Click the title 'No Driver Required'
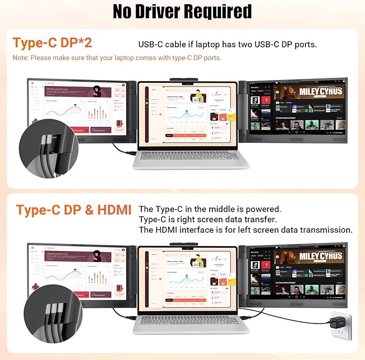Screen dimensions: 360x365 coord(182,11)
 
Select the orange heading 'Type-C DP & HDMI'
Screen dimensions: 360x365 coord(74,210)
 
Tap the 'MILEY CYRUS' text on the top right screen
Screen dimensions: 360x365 coord(320,92)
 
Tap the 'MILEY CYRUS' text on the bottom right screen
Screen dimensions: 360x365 coord(320,257)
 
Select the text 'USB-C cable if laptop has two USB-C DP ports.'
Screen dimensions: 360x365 coord(227,44)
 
